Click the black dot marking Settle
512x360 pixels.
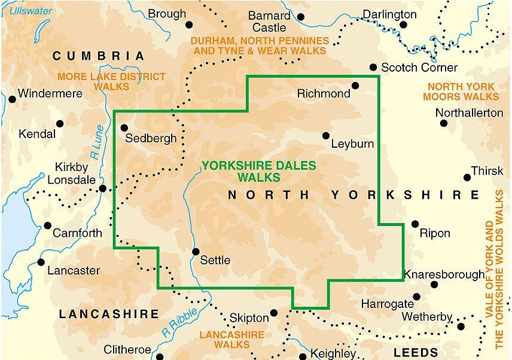pyautogui.click(x=195, y=252)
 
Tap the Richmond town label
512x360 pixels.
pyautogui.click(x=323, y=94)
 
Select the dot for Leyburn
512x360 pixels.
pyautogui.click(x=326, y=135)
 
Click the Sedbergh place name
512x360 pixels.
pyautogui.click(x=151, y=139)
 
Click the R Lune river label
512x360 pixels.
pyautogui.click(x=95, y=147)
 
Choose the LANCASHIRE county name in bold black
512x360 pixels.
pyautogui.click(x=109, y=314)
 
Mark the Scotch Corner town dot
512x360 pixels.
pyautogui.click(x=373, y=68)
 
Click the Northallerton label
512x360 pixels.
pyautogui.click(x=469, y=112)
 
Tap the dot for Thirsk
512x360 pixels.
pyautogui.click(x=467, y=177)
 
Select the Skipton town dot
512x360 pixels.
pyautogui.click(x=274, y=312)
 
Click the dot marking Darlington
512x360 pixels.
pyautogui.click(x=403, y=25)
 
